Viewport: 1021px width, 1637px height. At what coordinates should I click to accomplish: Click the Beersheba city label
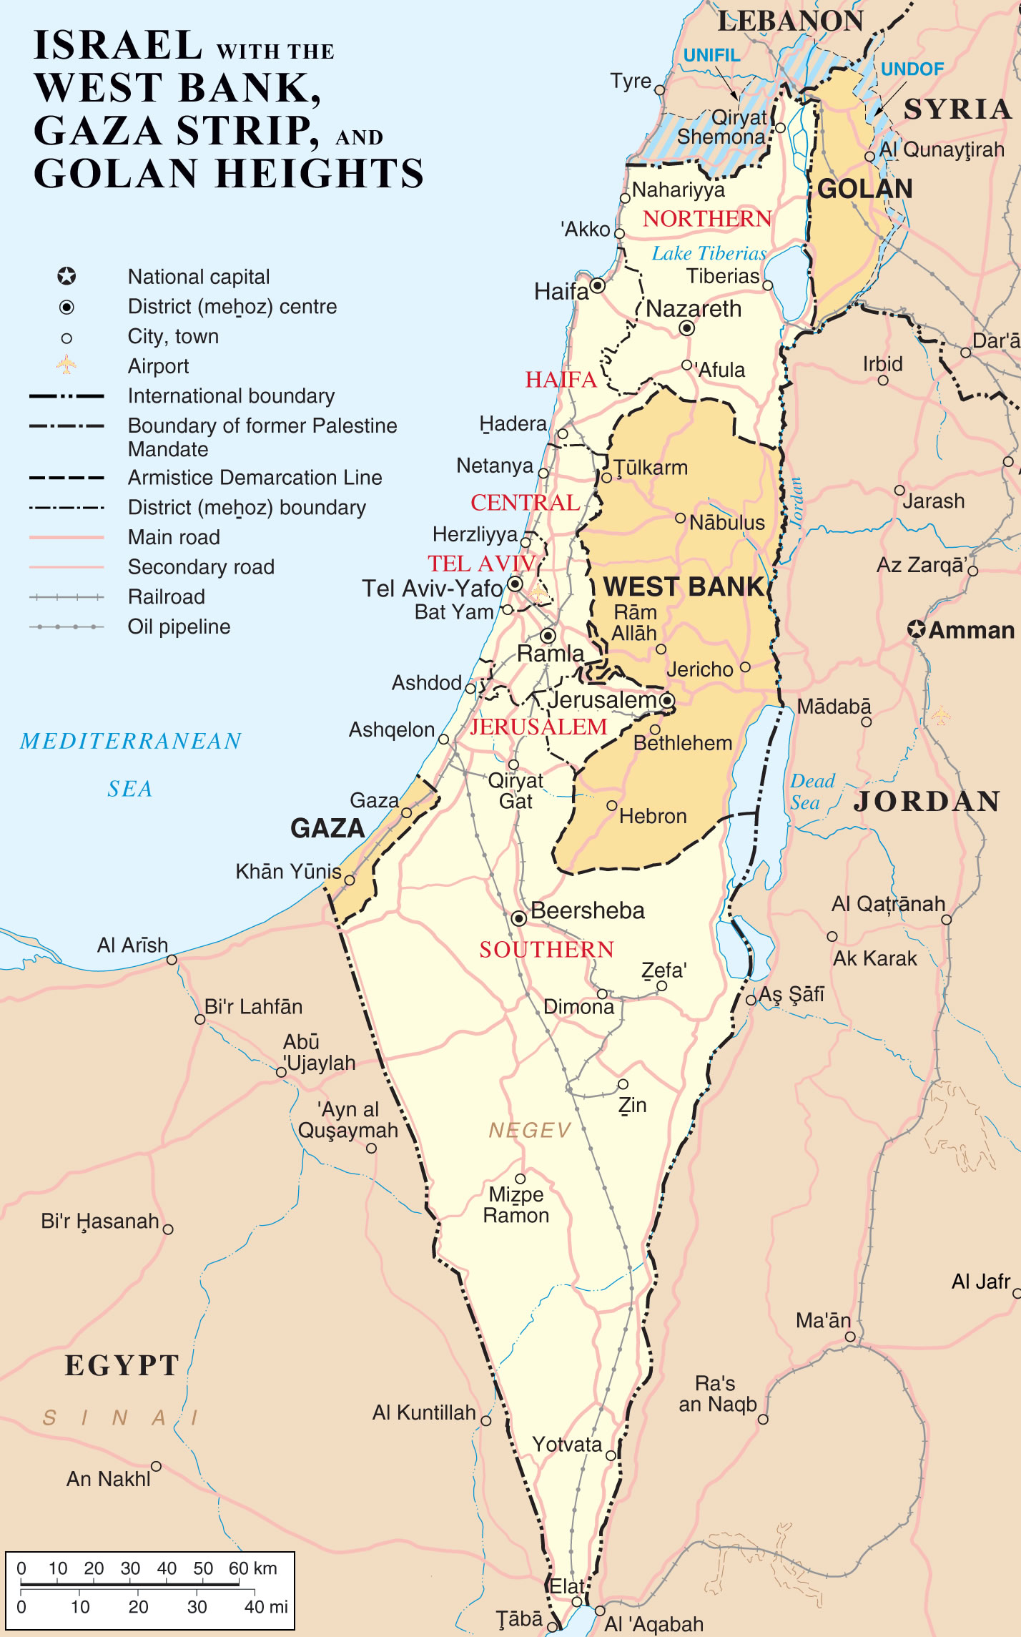(587, 910)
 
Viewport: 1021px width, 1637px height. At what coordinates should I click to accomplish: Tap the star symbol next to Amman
(917, 629)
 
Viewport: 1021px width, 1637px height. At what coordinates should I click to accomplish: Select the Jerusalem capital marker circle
(667, 700)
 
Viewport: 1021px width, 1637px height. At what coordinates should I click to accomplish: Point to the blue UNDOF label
(912, 69)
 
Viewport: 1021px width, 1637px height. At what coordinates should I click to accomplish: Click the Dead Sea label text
(812, 791)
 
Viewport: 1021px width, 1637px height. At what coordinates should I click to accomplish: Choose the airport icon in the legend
(66, 365)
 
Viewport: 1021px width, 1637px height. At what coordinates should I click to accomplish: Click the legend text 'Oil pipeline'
(179, 626)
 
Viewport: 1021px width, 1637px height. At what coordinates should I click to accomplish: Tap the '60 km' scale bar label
(252, 1568)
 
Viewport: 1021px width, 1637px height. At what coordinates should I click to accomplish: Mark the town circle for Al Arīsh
(172, 959)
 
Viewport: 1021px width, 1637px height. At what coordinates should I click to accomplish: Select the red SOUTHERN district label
(546, 949)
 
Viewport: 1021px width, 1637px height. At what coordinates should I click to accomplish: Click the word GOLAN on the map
(864, 189)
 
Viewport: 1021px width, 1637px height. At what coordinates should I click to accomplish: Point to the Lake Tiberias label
(709, 253)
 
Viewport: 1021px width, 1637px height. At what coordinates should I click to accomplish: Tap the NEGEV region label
(530, 1130)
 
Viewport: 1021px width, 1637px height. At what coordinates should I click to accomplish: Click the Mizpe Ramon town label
(516, 1204)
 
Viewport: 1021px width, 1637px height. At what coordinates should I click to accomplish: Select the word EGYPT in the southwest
(122, 1365)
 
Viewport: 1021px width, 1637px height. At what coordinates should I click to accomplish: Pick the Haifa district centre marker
(597, 286)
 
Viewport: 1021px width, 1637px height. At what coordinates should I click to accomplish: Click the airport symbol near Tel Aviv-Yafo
(540, 593)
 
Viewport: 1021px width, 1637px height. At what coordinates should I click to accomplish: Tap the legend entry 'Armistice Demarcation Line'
(255, 477)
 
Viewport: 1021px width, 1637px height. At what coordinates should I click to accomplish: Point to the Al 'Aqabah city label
(653, 1624)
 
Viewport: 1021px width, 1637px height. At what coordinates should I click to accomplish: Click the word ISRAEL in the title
(118, 45)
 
